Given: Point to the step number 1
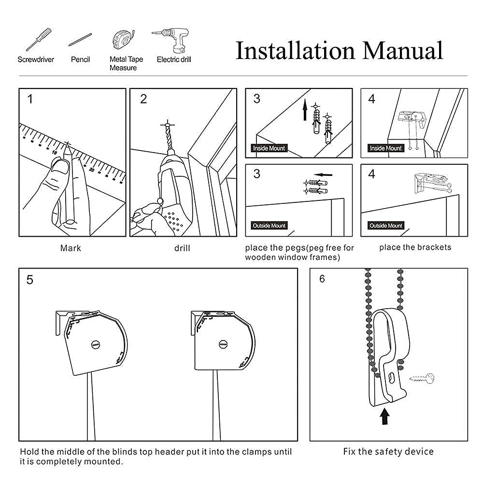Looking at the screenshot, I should pyautogui.click(x=30, y=99).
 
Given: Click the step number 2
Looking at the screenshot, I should pyautogui.click(x=143, y=99).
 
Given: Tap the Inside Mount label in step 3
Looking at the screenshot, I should pyautogui.click(x=269, y=148).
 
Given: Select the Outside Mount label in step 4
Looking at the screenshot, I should pyautogui.click(x=385, y=226).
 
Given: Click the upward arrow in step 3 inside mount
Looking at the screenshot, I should pyautogui.click(x=305, y=112).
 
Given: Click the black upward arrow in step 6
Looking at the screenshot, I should pyautogui.click(x=384, y=416).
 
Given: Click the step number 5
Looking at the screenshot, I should pyautogui.click(x=30, y=280).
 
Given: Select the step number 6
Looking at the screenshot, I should pyautogui.click(x=322, y=279).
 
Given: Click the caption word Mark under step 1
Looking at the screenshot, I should pyautogui.click(x=71, y=248).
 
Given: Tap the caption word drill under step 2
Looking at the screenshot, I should pyautogui.click(x=182, y=248).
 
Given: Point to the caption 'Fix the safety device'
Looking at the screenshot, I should pyautogui.click(x=388, y=452).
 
